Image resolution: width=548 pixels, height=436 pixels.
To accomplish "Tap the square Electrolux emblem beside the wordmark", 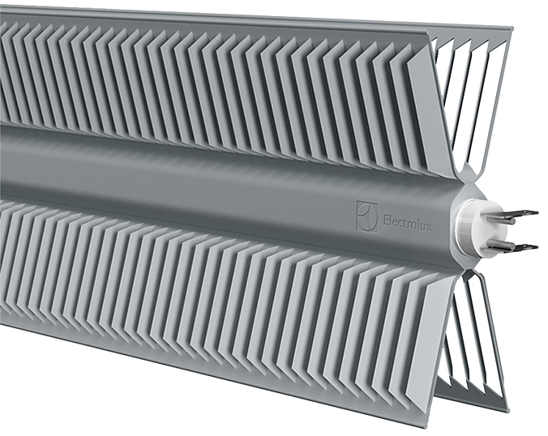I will click(367, 216).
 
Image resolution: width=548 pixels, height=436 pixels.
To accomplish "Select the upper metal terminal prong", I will click(516, 216).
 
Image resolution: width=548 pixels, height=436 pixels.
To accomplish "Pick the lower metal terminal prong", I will click(515, 246).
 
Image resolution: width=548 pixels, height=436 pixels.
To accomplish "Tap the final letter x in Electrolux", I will click(429, 226).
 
